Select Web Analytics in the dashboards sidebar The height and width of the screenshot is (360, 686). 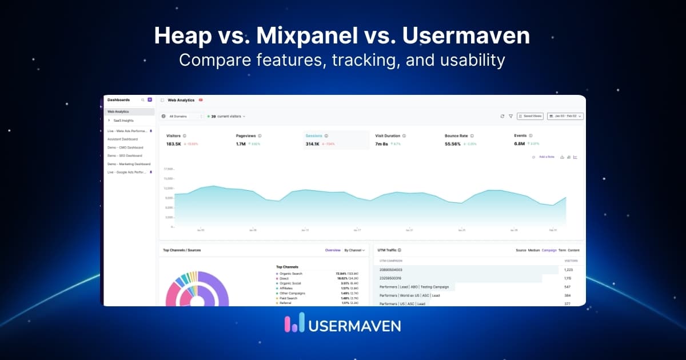coord(118,111)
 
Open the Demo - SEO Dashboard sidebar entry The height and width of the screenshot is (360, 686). coord(125,155)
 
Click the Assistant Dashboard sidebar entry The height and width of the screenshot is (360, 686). coord(122,139)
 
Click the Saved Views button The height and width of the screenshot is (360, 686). coord(530,116)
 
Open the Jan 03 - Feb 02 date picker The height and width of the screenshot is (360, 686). coord(565,116)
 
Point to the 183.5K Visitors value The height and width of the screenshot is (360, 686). coord(174,144)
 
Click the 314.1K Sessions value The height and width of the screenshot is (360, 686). coord(313,144)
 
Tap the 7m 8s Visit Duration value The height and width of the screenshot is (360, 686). coord(382,144)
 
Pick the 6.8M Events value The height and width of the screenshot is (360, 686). coord(520,144)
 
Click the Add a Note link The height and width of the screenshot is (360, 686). coord(547,157)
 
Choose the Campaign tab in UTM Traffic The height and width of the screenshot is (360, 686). coord(549,250)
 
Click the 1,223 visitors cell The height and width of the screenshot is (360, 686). coord(568,269)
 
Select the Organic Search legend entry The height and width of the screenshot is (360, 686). coord(292,274)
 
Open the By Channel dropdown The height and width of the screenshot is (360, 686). coord(354,250)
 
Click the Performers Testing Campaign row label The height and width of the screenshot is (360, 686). coord(414,286)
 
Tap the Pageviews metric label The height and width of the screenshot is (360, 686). coord(246,136)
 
